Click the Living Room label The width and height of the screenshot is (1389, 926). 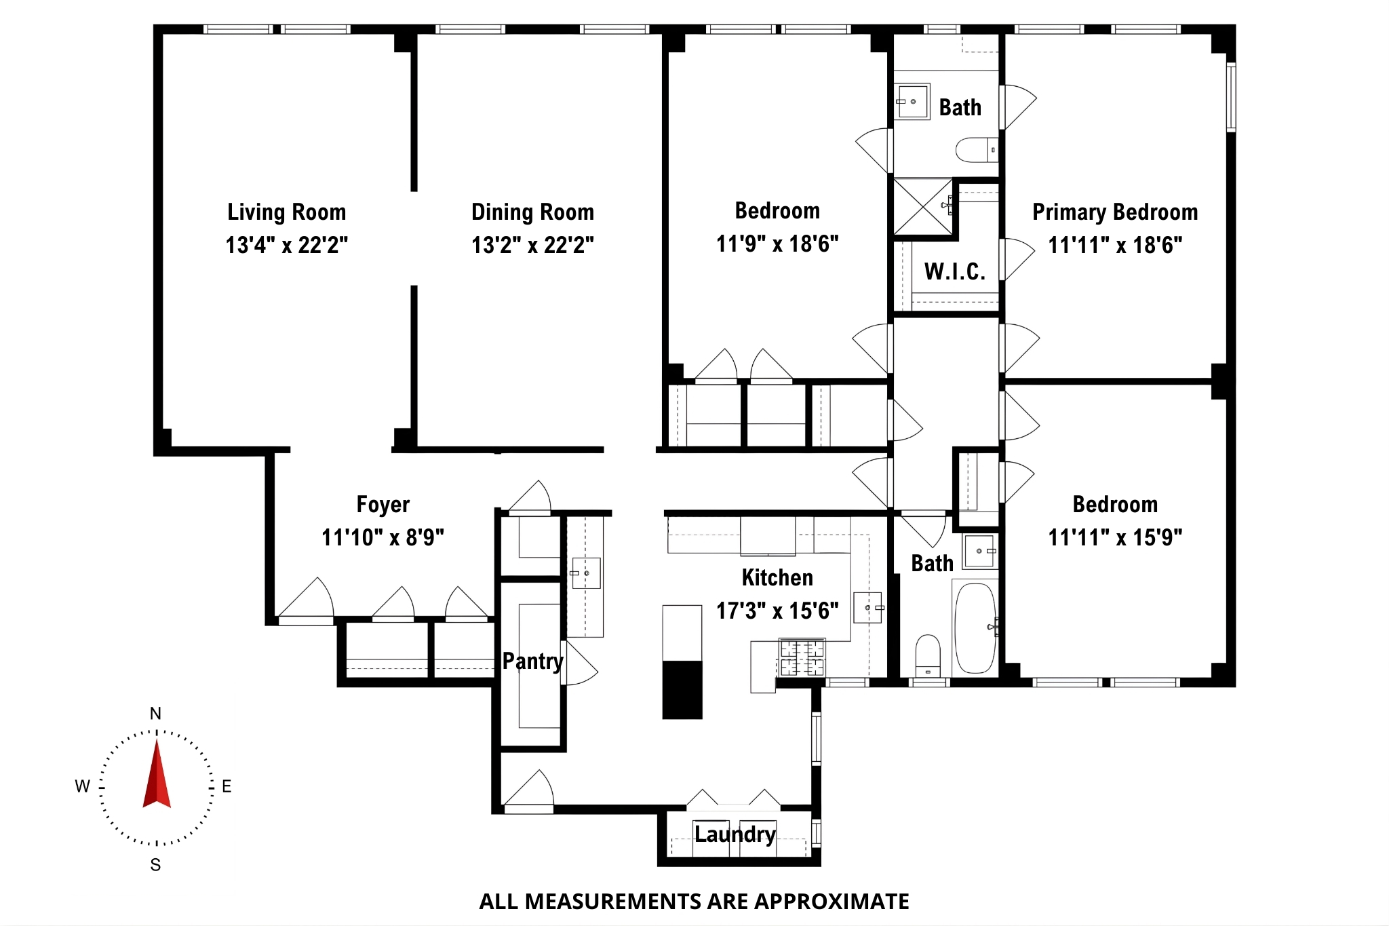286,212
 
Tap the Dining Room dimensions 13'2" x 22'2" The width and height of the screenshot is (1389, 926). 532,245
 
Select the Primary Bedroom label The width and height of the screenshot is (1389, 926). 1114,212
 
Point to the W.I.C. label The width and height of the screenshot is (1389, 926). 954,271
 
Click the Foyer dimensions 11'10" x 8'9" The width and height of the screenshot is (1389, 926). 383,537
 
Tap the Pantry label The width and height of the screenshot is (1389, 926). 532,661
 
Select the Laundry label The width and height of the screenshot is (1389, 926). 735,834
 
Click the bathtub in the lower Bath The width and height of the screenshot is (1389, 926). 975,628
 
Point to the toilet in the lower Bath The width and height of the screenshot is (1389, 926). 928,655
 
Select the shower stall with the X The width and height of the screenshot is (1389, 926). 923,206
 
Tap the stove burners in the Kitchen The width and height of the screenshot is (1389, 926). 802,657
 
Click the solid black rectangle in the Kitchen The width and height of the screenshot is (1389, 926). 682,689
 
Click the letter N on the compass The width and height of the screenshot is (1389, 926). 155,714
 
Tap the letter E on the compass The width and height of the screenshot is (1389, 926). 227,786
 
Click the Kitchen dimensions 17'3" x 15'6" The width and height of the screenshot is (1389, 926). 777,611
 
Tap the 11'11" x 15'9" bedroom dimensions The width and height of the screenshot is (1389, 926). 1114,537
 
